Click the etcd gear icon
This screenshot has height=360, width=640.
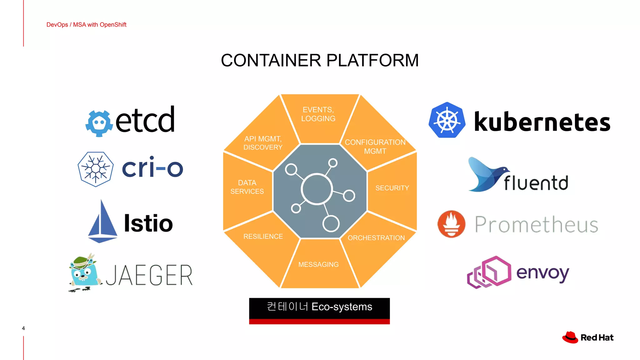pyautogui.click(x=99, y=123)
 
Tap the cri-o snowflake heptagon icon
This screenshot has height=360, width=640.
pyautogui.click(x=96, y=169)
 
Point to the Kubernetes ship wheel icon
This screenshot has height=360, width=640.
pyautogui.click(x=447, y=120)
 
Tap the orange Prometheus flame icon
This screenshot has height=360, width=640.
pyautogui.click(x=451, y=224)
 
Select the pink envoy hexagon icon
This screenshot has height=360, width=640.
pyautogui.click(x=490, y=272)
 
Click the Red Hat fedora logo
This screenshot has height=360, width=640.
pyautogui.click(x=570, y=337)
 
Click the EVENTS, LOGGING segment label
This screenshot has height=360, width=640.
pyautogui.click(x=318, y=114)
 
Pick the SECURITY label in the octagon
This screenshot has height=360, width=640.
pyautogui.click(x=392, y=188)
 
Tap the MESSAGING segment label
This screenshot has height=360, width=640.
pyautogui.click(x=318, y=264)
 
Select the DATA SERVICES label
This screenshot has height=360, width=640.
pyautogui.click(x=247, y=187)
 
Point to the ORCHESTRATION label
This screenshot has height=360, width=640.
pyautogui.click(x=376, y=238)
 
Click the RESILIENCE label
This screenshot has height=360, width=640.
pyautogui.click(x=263, y=237)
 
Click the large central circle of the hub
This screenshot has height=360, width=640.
pyautogui.click(x=317, y=189)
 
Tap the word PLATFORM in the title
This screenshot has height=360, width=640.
pyautogui.click(x=372, y=60)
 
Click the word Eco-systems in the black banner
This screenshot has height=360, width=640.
pyautogui.click(x=342, y=307)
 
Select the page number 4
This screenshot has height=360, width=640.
pyautogui.click(x=23, y=328)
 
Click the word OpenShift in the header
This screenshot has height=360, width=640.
pyautogui.click(x=113, y=25)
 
